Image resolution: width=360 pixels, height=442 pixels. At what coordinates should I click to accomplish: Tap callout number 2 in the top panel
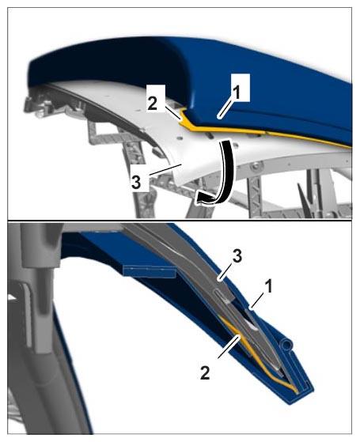click(x=153, y=104)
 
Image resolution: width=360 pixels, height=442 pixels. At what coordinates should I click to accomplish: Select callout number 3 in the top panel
click(x=136, y=183)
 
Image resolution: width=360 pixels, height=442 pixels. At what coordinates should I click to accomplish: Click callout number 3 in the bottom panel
click(x=237, y=256)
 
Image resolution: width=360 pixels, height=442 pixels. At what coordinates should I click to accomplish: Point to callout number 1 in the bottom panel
click(x=269, y=287)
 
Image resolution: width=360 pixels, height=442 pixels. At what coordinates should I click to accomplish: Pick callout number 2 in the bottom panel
click(x=206, y=372)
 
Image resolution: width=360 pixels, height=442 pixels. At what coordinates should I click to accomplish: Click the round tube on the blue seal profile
click(x=286, y=345)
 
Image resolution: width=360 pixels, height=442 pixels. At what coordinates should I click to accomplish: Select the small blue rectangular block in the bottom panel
click(x=150, y=271)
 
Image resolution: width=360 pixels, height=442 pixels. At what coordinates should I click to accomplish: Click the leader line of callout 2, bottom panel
click(x=229, y=346)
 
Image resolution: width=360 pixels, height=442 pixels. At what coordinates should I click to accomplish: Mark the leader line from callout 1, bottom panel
click(x=256, y=301)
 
